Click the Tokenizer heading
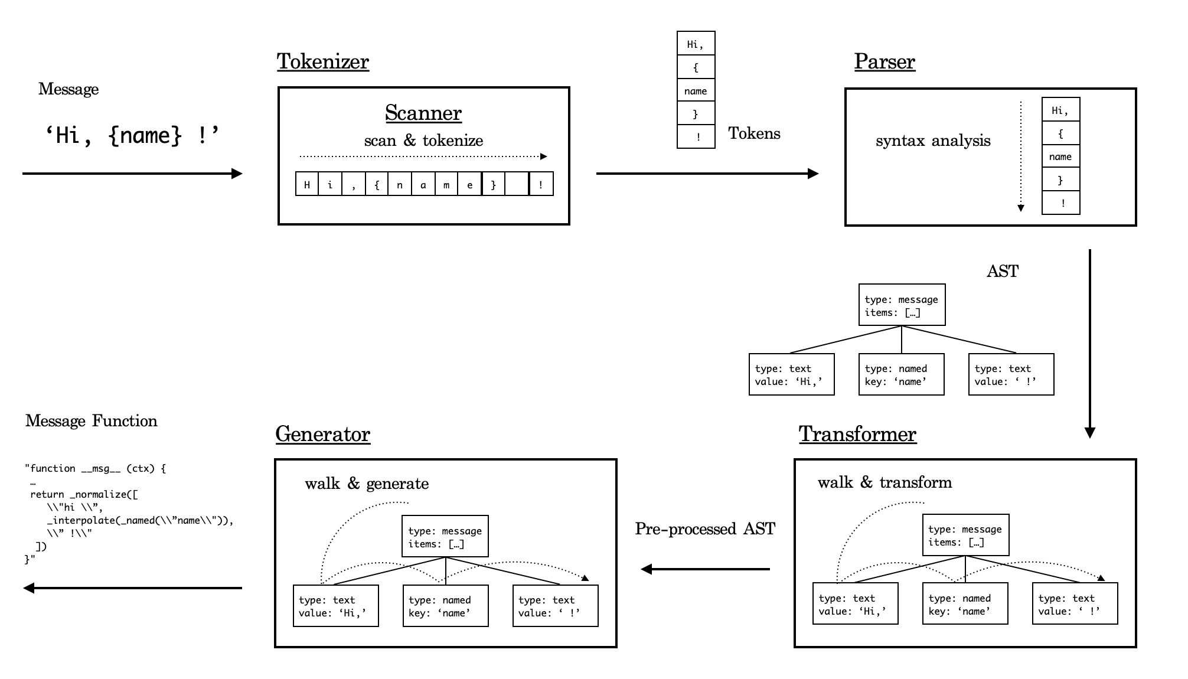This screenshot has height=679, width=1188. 322,61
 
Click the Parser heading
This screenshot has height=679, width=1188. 884,61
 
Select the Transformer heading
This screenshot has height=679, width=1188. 857,434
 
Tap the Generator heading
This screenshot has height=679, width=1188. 322,434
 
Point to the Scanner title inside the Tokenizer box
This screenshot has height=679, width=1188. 423,113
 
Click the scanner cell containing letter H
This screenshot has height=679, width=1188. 307,184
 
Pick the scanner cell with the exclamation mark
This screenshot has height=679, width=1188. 541,184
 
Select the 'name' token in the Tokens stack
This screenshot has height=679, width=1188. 696,91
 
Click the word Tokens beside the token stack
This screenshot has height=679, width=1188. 754,133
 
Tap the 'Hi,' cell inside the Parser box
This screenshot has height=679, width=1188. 1060,110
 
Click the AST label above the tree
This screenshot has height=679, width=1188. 1003,271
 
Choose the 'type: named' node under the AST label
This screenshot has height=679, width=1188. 901,374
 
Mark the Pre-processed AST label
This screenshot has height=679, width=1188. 705,528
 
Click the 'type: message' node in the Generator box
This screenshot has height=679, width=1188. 445,537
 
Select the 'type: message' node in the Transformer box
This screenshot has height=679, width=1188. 965,535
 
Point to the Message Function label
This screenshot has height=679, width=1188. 92,421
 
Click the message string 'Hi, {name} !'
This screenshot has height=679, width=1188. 132,136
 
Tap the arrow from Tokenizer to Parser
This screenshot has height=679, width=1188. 707,174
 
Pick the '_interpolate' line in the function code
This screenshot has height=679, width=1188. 141,520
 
